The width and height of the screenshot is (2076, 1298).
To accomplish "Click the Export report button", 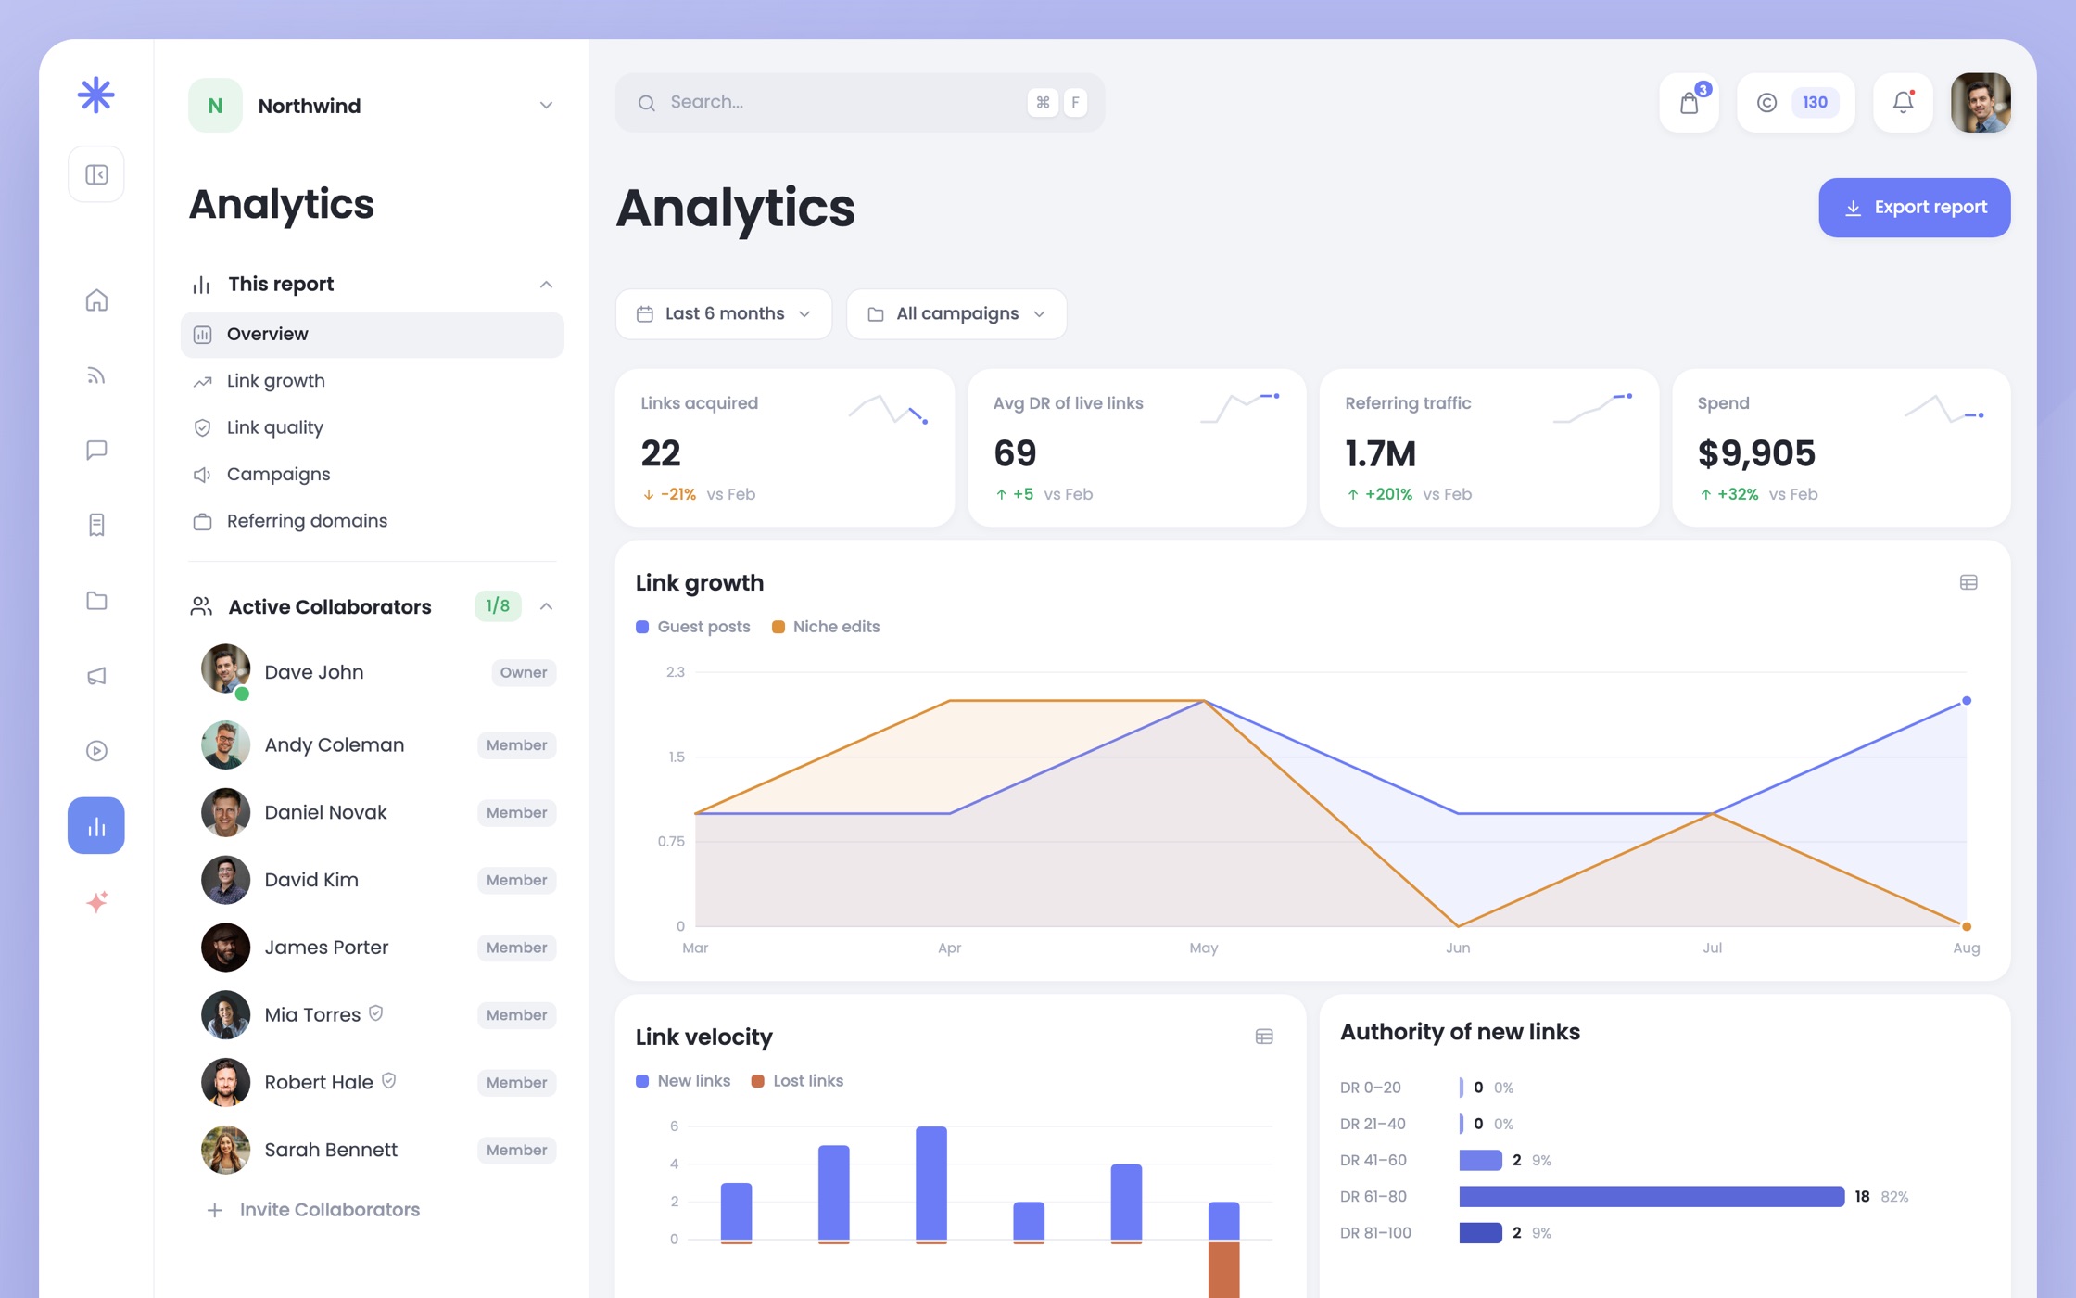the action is click(1914, 208).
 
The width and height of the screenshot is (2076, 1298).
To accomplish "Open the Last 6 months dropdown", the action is click(723, 314).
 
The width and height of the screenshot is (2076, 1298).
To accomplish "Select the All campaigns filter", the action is click(956, 314).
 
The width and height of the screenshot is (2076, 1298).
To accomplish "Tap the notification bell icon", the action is click(1903, 102).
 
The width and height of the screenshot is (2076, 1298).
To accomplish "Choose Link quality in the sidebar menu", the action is click(275, 427).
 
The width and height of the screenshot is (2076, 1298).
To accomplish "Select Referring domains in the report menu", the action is click(307, 521).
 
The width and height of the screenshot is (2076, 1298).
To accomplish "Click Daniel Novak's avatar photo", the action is click(225, 813).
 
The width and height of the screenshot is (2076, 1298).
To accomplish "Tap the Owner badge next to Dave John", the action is click(524, 673).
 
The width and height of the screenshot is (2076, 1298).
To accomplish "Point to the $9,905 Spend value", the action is click(1755, 453).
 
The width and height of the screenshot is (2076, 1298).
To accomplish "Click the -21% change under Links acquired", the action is click(677, 495).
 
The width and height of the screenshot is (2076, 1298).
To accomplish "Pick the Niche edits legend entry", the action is click(826, 627).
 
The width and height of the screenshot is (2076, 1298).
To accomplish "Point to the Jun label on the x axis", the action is click(1458, 948).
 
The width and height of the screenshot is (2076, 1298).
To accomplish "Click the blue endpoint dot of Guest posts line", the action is click(1967, 701).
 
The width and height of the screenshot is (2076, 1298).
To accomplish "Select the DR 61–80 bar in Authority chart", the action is click(1652, 1197).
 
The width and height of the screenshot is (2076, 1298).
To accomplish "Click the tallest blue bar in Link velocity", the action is click(931, 1183).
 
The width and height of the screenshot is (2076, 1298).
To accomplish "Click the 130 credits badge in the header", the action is click(1815, 103).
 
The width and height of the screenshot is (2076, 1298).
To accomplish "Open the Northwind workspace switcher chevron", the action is click(546, 106).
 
